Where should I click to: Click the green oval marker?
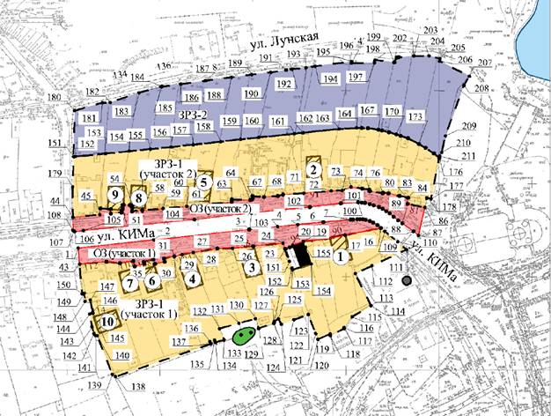(244, 336)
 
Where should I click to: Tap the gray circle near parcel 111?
(406, 280)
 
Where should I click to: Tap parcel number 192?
(283, 84)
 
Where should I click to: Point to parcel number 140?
(122, 355)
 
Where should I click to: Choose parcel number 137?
(180, 341)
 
